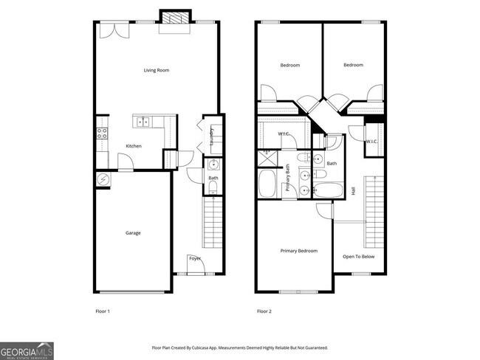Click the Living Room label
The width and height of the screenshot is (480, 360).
(157, 70)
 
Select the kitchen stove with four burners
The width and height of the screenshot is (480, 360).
(103, 134)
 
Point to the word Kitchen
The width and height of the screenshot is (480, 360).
(133, 146)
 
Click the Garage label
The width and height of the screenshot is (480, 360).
(133, 233)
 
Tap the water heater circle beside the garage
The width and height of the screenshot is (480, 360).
(103, 179)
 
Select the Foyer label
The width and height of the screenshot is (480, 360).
(195, 258)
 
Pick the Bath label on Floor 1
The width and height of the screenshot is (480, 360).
(213, 178)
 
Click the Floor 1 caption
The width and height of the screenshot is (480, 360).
(103, 311)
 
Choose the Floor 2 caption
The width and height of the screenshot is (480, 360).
(264, 311)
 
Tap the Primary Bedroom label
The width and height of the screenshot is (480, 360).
(299, 251)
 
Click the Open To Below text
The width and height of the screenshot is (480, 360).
(358, 257)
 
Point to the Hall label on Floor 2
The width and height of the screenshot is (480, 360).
(354, 190)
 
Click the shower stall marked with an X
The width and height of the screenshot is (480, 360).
(264, 157)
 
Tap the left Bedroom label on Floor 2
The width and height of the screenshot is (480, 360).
(290, 65)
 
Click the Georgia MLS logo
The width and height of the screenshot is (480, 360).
(27, 350)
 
